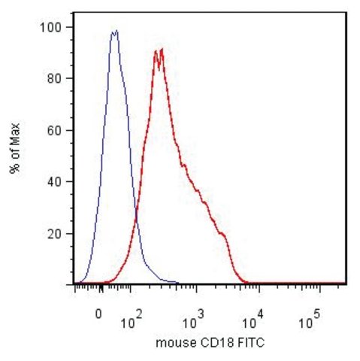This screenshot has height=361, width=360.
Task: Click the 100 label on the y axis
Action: pos(51,28)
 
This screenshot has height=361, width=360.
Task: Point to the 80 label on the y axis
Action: pos(55,79)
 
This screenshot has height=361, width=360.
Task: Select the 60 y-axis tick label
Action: pos(55,131)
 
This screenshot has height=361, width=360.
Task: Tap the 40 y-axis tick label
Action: pos(55,182)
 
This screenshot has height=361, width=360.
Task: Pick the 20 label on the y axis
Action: pos(55,234)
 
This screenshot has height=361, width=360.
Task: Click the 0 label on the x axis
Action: pos(98,314)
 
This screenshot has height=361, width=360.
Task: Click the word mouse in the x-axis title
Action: pos(177,343)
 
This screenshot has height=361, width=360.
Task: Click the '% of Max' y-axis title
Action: pos(15,148)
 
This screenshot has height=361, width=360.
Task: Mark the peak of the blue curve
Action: pos(115,31)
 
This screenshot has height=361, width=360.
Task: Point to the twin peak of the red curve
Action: pos(159,50)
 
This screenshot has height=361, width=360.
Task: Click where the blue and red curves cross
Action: pos(137,215)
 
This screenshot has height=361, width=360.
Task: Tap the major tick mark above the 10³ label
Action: pos(197,289)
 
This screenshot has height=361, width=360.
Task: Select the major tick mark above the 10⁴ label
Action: pos(259,289)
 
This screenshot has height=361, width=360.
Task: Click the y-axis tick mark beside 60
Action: pos(70,130)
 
